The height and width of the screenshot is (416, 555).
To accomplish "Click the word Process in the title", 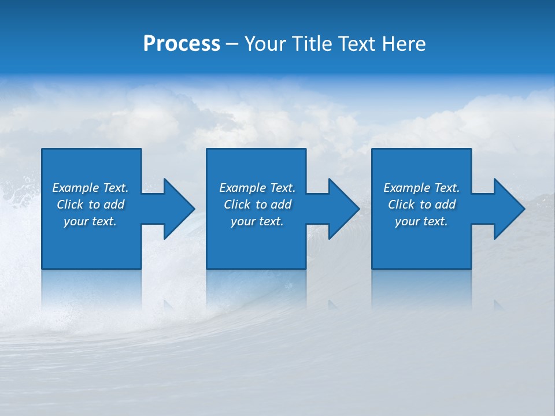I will (182, 44).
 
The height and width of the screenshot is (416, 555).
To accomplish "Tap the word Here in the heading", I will (404, 44).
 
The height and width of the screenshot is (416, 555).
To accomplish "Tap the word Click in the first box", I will (70, 205).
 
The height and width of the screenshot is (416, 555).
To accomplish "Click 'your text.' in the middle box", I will (257, 221).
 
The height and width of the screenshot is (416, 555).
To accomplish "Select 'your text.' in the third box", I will (421, 221).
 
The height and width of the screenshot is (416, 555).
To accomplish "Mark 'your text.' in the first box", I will (90, 221).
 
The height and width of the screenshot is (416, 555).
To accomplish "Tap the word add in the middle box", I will (281, 205).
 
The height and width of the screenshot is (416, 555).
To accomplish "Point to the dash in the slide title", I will (232, 44).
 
